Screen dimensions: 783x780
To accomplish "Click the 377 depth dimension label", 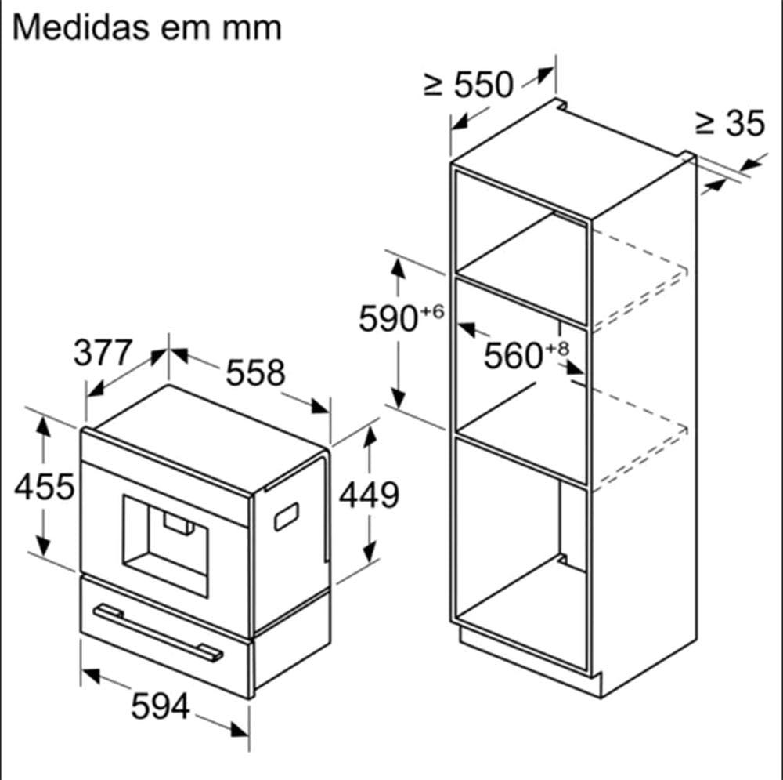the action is pos(103,353).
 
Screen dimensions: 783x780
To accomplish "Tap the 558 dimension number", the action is pos(256,372).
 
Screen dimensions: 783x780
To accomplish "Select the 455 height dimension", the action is pos(45,487).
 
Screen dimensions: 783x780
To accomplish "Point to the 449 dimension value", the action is pos(369,495).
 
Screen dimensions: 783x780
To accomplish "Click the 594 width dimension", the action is pos(161,706).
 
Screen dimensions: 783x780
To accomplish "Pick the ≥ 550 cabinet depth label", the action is pos(468,84).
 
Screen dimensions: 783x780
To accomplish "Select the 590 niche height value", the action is pos(388,318).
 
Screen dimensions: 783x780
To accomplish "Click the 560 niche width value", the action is pos(514,355).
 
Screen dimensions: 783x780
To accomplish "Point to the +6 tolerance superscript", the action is pos(432,311).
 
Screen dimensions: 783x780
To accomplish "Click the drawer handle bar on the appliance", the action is pos(158,633).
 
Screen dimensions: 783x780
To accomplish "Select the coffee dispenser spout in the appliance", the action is pos(179,524).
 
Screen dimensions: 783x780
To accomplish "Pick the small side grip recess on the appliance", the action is pos(287,517).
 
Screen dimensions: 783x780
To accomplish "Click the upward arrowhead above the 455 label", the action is pos(43,426).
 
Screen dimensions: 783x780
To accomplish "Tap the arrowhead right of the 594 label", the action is pos(240,730).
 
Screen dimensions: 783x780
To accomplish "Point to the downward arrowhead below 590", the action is pos(398,398).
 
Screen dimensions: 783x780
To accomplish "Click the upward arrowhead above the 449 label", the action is pos(370,437).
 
